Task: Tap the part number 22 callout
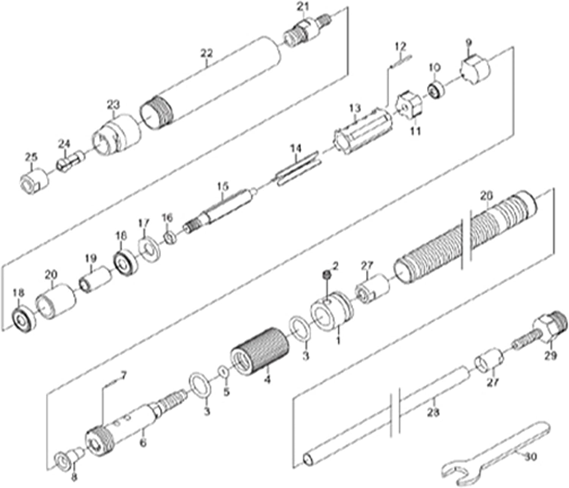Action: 206,53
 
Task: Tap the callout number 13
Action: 355,108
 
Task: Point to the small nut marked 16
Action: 169,238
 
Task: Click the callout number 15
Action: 223,186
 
